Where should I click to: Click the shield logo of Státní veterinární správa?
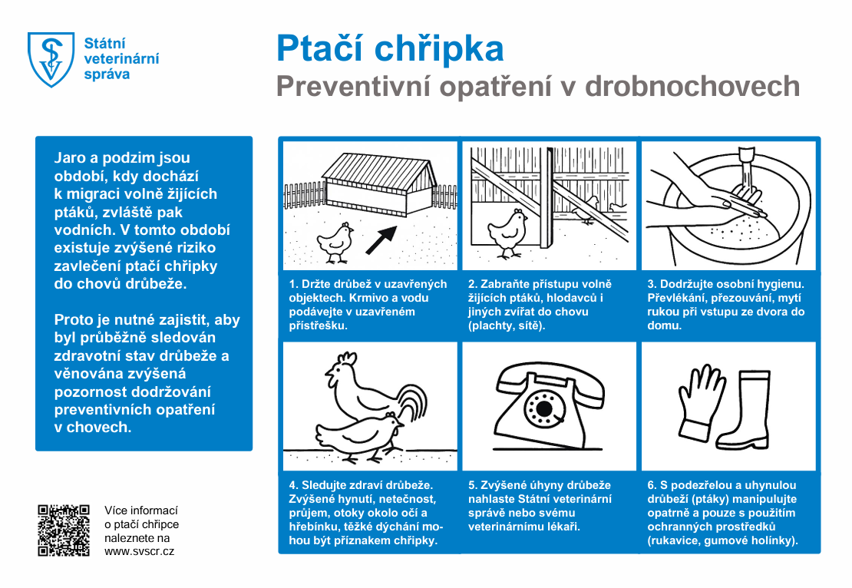click(51, 59)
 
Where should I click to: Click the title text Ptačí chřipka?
click(390, 49)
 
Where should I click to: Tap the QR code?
click(64, 530)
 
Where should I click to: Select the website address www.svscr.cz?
click(139, 552)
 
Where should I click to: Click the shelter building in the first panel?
click(376, 184)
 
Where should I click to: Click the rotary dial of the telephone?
click(544, 408)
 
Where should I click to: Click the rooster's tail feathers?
click(412, 402)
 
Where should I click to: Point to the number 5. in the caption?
click(473, 485)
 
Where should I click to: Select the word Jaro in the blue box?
click(70, 159)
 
